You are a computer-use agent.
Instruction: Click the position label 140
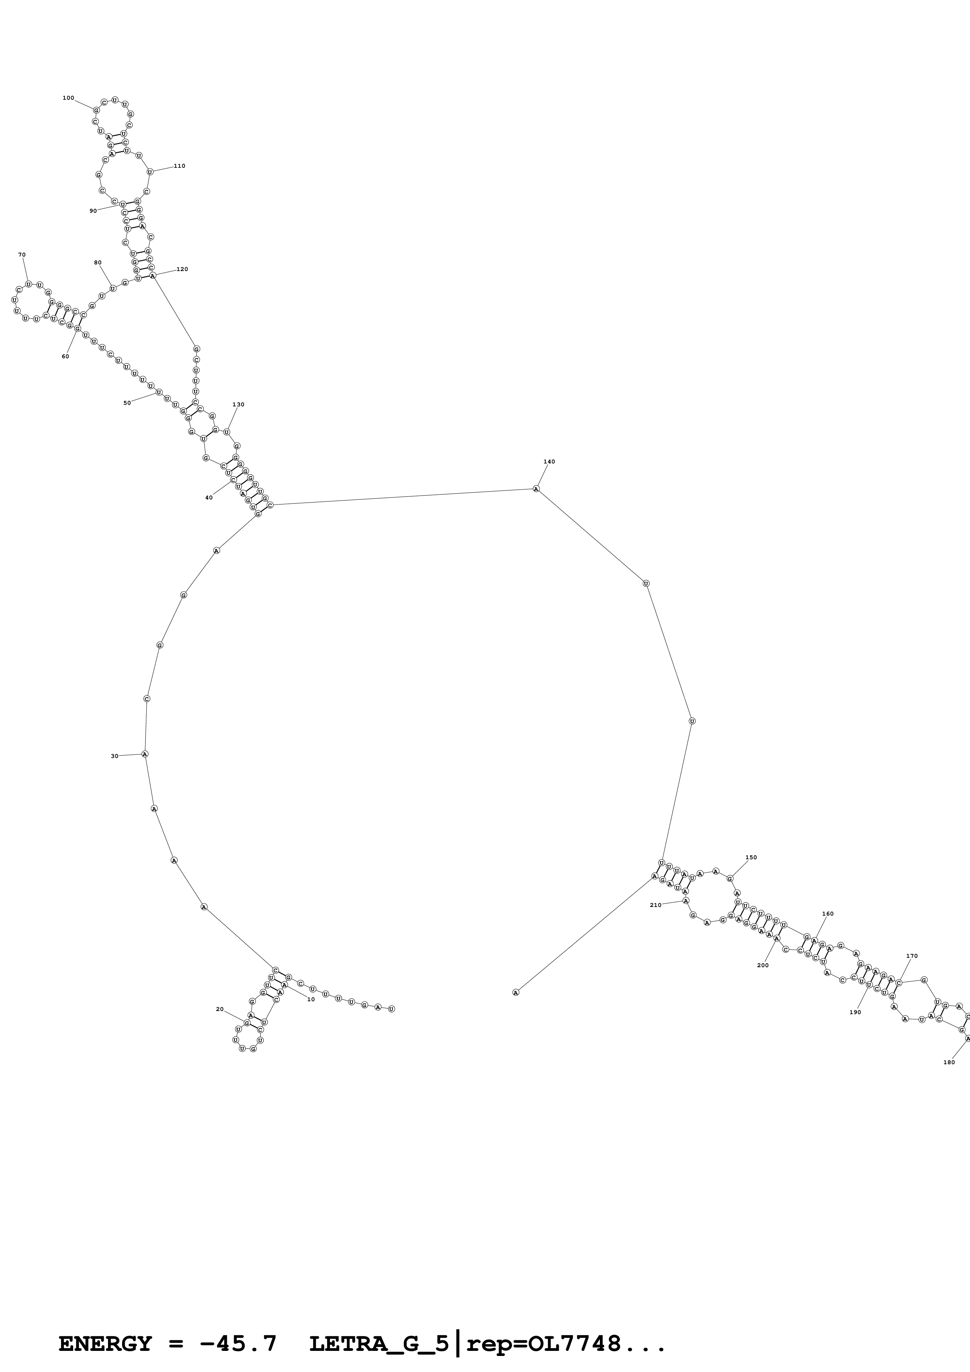549,462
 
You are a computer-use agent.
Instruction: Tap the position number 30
115,756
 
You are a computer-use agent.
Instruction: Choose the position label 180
948,1062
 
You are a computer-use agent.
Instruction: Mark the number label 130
238,404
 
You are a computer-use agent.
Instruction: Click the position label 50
127,403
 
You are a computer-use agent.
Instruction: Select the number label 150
750,857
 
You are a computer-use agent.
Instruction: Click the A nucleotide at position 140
536,489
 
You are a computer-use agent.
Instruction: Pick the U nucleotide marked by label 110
150,171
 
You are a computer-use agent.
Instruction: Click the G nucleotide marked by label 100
96,110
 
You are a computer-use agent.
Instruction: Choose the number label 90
93,211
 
